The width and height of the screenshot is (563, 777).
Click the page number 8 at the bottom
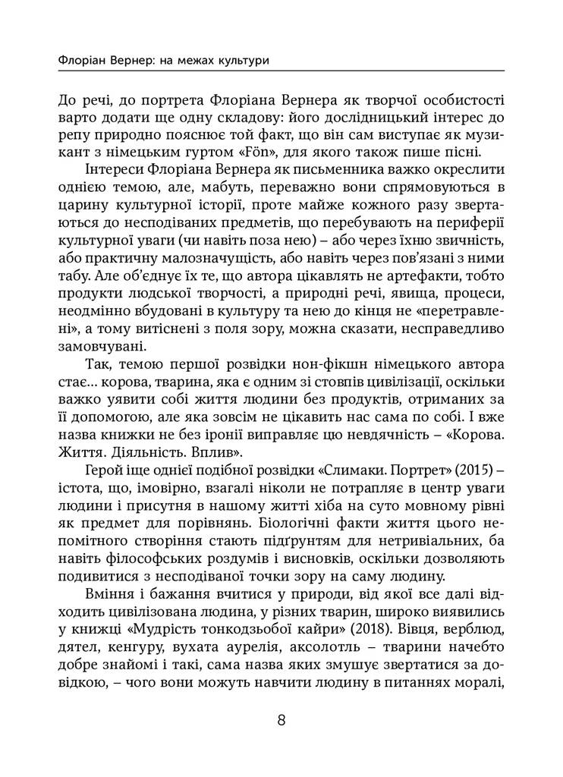281,721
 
